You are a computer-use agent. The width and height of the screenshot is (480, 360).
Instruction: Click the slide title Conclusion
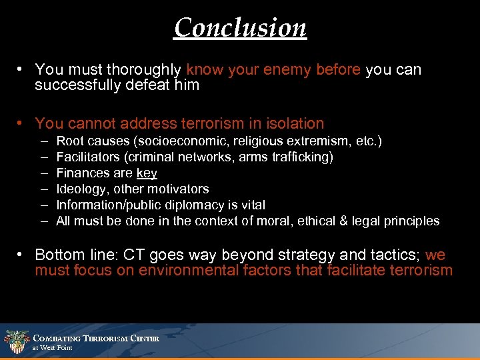pyautogui.click(x=240, y=27)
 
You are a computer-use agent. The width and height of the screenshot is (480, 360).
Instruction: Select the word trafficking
pyautogui.click(x=303, y=157)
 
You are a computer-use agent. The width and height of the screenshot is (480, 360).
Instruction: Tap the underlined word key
pyautogui.click(x=147, y=173)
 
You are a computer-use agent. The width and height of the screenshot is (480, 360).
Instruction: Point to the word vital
pyautogui.click(x=253, y=205)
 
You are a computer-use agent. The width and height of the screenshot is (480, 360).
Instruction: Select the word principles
pyautogui.click(x=413, y=221)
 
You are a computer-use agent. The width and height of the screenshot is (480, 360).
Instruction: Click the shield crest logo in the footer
pyautogui.click(x=15, y=341)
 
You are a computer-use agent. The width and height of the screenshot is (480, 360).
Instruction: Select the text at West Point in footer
pyautogui.click(x=53, y=348)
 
